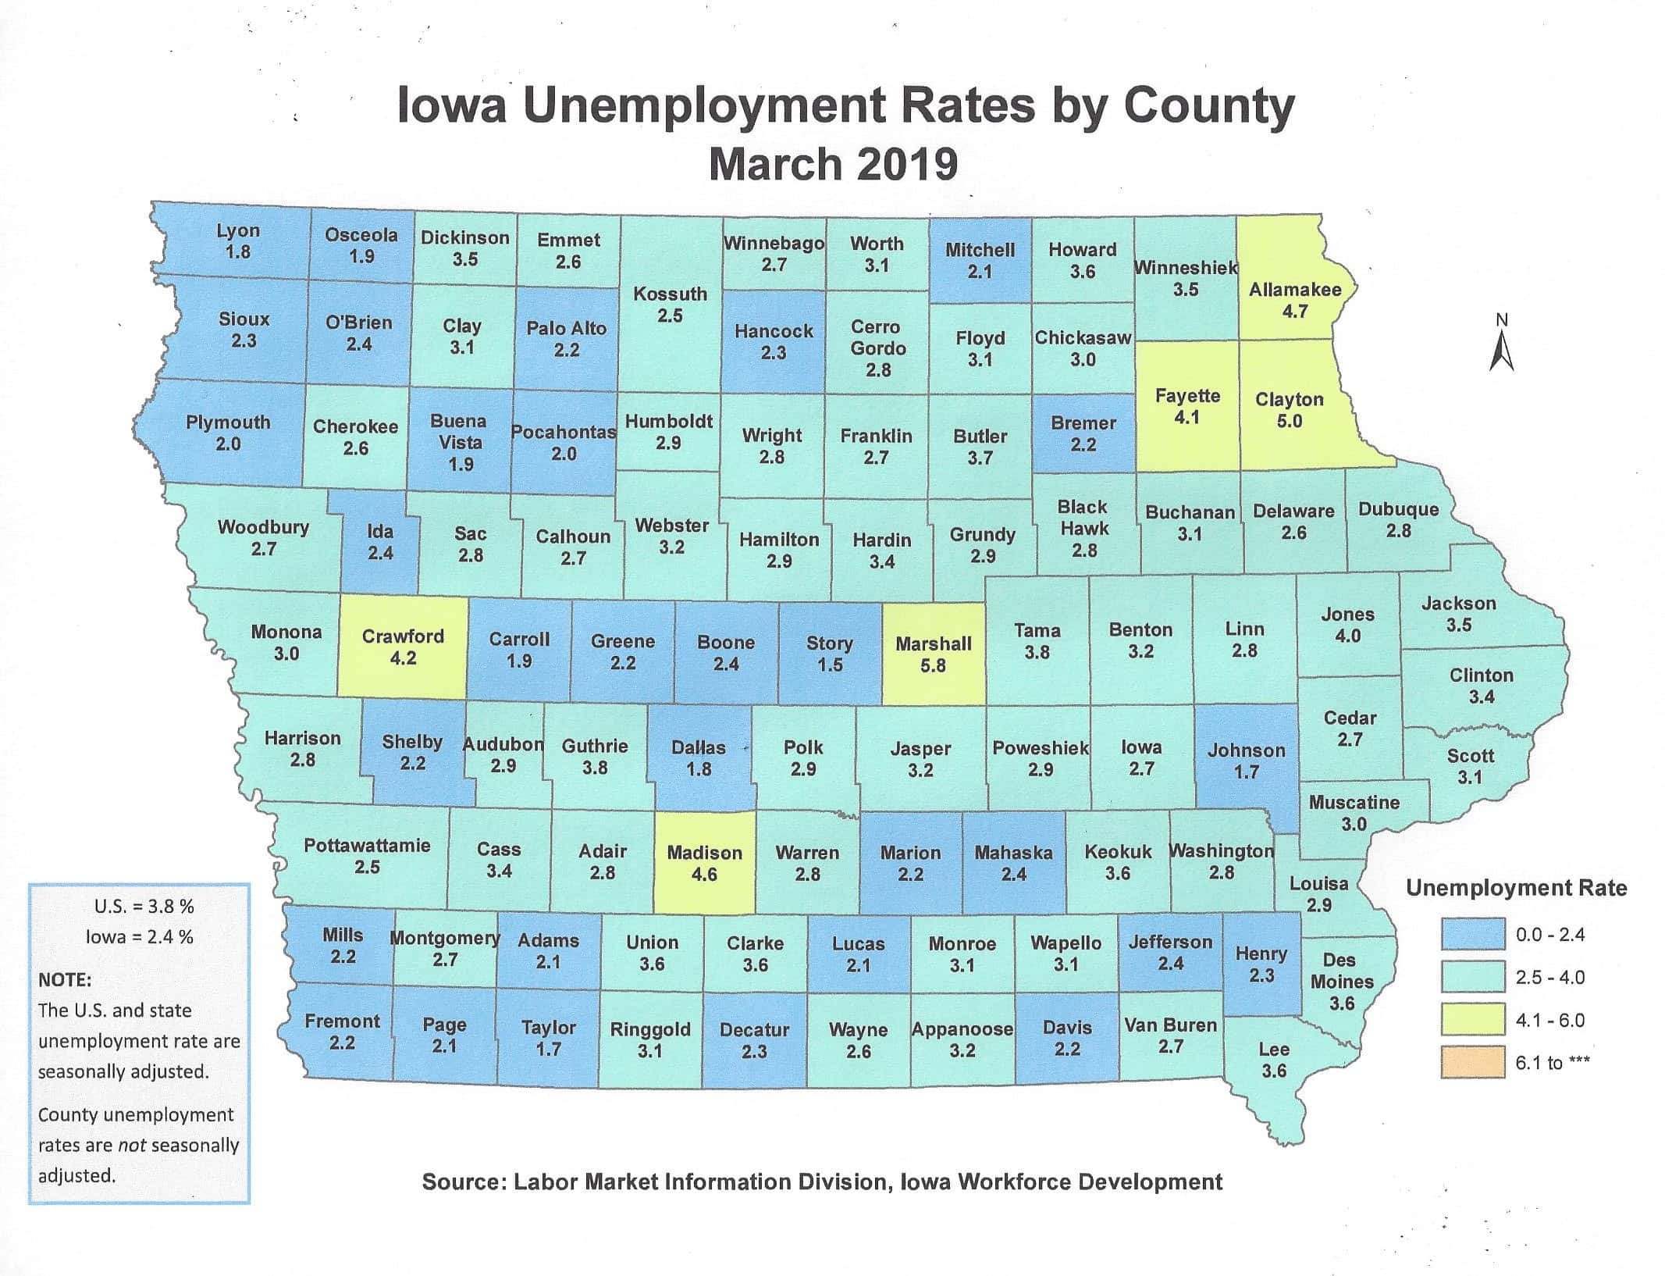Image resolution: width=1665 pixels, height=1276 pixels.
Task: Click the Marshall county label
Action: (933, 644)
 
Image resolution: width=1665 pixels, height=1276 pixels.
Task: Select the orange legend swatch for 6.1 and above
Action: (1472, 1063)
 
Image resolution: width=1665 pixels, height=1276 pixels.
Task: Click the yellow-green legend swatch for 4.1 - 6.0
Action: (1472, 1020)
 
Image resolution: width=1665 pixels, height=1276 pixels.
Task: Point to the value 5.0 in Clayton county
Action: (1289, 422)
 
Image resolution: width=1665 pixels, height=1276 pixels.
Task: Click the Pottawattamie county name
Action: (366, 845)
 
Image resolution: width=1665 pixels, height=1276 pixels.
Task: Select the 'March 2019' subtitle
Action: (833, 165)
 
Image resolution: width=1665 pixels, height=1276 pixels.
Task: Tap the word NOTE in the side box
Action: (64, 980)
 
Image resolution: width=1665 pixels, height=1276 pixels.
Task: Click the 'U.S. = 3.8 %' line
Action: (144, 907)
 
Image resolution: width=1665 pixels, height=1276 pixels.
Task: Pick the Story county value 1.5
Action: (829, 665)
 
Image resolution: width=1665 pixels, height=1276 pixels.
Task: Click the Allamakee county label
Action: (1294, 290)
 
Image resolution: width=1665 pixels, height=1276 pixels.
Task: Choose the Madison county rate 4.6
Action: (704, 875)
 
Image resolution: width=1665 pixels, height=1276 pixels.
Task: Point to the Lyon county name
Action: (238, 231)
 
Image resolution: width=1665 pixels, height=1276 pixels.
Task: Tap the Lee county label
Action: (1273, 1050)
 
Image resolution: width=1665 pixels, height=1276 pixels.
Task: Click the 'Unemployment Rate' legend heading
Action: (1516, 888)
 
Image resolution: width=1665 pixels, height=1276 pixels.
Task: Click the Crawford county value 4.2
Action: (403, 658)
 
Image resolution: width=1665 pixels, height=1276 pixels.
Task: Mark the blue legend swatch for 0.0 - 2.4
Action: (1472, 935)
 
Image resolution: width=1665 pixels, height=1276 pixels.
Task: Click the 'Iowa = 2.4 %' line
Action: (139, 936)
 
